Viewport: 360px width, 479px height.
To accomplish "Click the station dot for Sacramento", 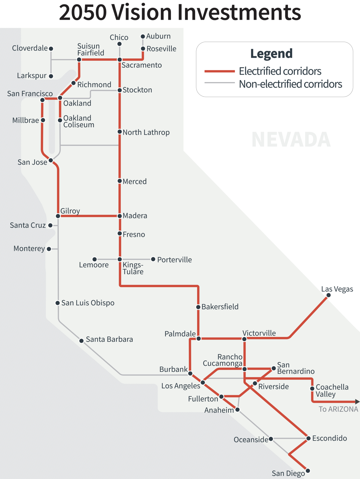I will [x=120, y=60].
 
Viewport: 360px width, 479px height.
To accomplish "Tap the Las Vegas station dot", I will [x=328, y=295].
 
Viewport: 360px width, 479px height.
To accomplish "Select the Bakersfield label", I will [x=220, y=307].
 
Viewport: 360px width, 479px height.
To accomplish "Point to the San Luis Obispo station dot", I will [x=57, y=303].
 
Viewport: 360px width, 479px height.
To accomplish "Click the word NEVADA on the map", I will [x=291, y=140].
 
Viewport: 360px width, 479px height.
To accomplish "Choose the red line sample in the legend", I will [x=219, y=71].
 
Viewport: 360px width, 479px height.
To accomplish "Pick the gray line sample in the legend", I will [x=219, y=83].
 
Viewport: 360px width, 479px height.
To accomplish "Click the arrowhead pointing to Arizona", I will [x=357, y=401].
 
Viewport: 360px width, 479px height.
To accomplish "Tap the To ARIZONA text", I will [x=338, y=409].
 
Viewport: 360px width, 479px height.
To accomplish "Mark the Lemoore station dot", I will [x=95, y=259].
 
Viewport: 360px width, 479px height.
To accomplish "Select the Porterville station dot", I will [x=153, y=259].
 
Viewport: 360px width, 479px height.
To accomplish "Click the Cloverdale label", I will [x=30, y=48].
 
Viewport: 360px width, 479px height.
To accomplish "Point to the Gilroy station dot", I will [x=58, y=216].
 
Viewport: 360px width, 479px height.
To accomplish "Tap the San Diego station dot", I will [x=308, y=471].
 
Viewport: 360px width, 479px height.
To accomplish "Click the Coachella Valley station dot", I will [x=312, y=389].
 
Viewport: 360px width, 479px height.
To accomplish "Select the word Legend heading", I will [x=271, y=53].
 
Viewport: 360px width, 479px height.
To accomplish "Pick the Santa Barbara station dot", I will [x=81, y=341].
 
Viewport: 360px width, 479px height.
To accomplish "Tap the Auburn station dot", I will [x=143, y=37].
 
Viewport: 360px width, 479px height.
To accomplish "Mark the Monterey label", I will [x=29, y=249].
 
